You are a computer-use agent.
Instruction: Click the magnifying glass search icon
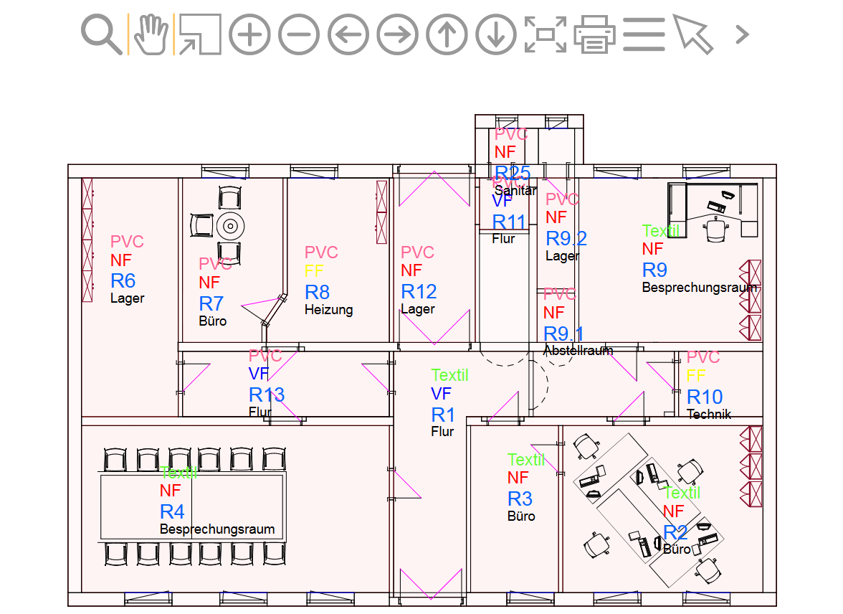click(x=102, y=34)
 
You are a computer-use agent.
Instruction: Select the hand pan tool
click(x=151, y=34)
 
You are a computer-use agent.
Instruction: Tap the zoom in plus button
click(x=249, y=34)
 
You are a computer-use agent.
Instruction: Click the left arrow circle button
click(x=348, y=34)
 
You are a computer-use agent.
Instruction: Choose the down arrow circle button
click(x=496, y=34)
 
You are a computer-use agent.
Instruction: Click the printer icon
click(x=595, y=34)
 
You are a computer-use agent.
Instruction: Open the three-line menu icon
click(x=644, y=34)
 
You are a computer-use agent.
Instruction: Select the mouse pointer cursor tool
click(x=692, y=34)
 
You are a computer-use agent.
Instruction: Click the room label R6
click(x=123, y=280)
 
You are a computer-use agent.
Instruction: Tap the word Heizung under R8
click(x=328, y=310)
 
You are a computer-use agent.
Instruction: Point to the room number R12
click(x=419, y=291)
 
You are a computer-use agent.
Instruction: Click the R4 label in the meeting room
click(x=172, y=511)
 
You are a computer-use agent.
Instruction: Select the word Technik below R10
click(x=709, y=414)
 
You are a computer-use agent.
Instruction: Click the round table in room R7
click(x=230, y=225)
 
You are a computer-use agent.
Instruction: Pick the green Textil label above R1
click(x=449, y=375)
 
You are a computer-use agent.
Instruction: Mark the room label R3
click(x=520, y=499)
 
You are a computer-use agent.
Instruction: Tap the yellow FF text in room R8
click(x=314, y=271)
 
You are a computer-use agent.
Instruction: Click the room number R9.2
click(x=566, y=238)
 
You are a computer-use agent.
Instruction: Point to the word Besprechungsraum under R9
click(x=700, y=288)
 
